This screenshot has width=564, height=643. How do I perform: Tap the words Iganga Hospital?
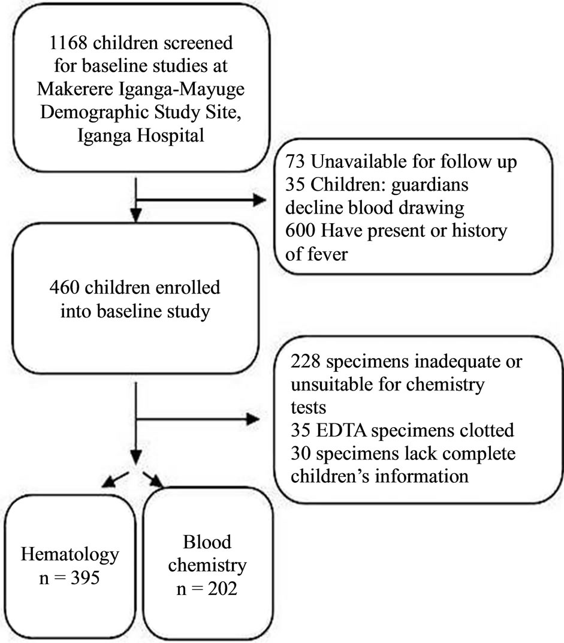pos(143,134)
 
